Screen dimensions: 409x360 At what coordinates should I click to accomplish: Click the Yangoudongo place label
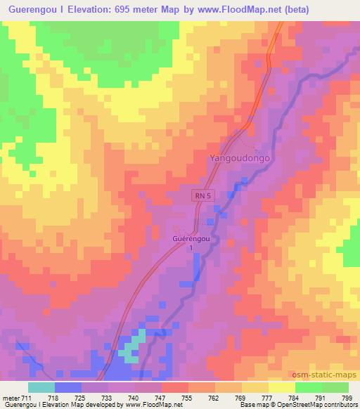click(240, 159)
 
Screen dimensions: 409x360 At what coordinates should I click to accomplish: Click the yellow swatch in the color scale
click(282, 387)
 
